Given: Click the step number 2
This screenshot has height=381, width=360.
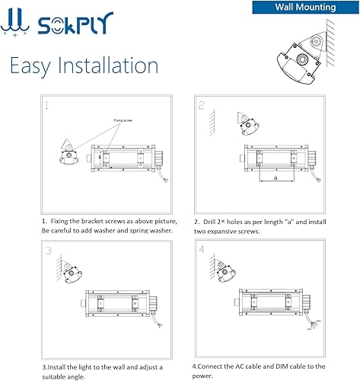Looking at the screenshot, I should click(x=202, y=106).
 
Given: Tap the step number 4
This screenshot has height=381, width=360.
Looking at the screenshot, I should click(x=202, y=249).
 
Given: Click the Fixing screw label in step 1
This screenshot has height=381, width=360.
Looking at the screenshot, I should click(x=123, y=120).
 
